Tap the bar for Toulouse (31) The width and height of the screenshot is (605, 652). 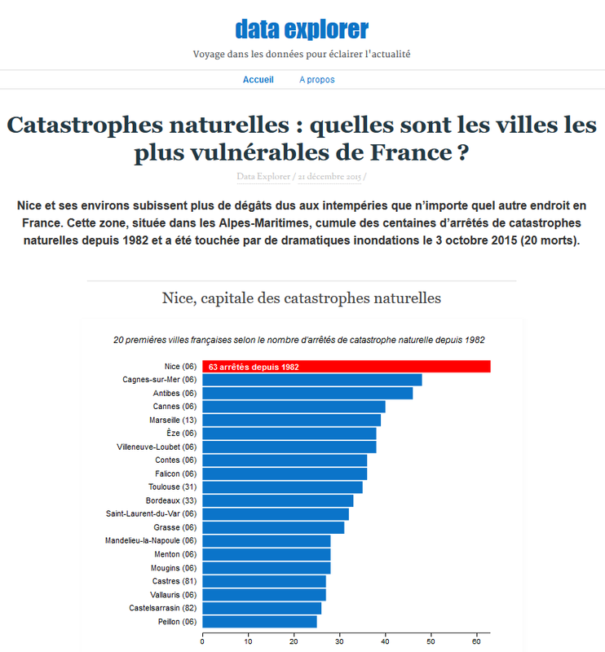(x=282, y=487)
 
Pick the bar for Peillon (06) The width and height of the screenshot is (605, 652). (x=259, y=622)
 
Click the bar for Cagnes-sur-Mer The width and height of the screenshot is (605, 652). (x=311, y=380)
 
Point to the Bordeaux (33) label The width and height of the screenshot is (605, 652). (x=171, y=500)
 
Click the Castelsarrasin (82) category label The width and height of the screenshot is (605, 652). (x=162, y=608)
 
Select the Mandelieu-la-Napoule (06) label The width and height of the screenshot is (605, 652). (x=151, y=540)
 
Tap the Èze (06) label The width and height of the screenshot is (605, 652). (x=179, y=433)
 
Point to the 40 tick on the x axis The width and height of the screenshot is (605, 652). (x=385, y=641)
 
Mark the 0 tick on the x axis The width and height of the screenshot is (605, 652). (x=202, y=641)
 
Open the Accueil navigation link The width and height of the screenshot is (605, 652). (x=258, y=80)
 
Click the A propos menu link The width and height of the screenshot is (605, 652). (x=316, y=80)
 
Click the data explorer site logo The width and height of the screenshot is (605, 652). (x=302, y=29)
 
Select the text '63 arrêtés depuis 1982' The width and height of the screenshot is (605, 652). (x=254, y=368)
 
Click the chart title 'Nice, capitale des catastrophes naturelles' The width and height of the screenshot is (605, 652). (x=302, y=298)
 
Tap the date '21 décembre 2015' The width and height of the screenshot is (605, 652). (x=330, y=176)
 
